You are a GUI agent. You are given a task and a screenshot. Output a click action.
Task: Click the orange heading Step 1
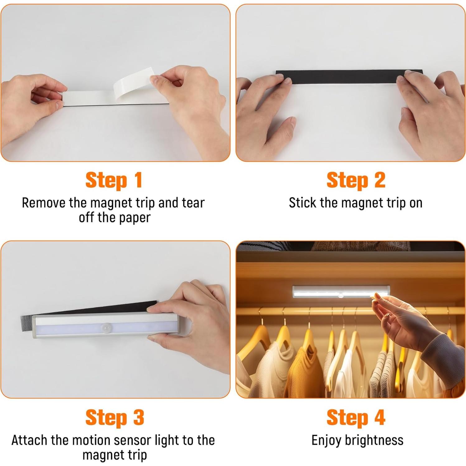114,181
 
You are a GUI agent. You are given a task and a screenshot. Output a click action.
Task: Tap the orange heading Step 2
356,181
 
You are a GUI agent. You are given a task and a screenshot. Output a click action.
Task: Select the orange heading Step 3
115,418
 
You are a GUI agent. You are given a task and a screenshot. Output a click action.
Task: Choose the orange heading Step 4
356,418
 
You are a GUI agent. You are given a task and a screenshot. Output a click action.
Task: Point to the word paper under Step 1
134,218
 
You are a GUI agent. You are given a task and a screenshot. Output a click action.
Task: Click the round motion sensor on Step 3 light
106,328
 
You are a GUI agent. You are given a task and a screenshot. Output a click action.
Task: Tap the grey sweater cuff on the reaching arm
442,350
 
